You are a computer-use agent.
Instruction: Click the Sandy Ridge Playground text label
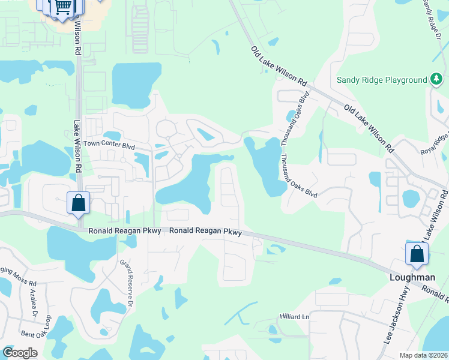coord(381,80)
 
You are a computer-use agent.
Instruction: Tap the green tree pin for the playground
coord(436,80)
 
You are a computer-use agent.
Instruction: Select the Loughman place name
coord(412,277)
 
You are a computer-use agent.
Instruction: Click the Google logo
coord(20,353)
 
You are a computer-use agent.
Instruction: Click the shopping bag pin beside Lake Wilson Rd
coord(78,203)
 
